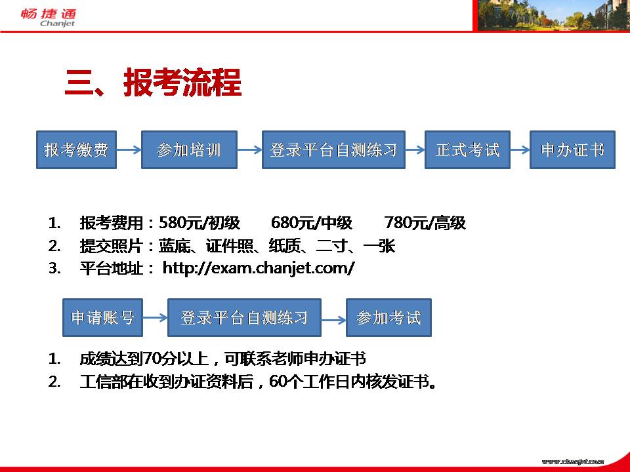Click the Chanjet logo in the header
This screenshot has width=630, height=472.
click(x=48, y=18)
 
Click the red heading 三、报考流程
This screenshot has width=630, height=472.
click(x=153, y=83)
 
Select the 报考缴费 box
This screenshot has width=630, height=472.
click(x=76, y=149)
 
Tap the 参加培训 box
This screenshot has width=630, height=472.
click(x=189, y=149)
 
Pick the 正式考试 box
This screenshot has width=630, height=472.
click(x=467, y=149)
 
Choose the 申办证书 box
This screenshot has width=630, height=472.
click(x=572, y=149)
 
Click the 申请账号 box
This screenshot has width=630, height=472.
click(x=102, y=317)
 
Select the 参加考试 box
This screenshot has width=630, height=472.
click(x=388, y=317)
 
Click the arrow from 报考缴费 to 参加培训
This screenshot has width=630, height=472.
click(x=129, y=150)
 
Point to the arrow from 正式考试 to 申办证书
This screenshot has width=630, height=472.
click(x=520, y=150)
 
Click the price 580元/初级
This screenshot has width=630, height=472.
click(x=199, y=223)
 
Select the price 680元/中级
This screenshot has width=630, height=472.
click(x=312, y=223)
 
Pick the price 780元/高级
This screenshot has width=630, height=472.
click(x=425, y=223)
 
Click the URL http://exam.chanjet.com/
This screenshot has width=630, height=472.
click(x=259, y=267)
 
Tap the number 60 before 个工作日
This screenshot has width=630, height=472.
click(x=278, y=382)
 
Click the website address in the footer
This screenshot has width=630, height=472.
click(x=572, y=462)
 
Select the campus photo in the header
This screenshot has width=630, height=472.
click(x=552, y=15)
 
